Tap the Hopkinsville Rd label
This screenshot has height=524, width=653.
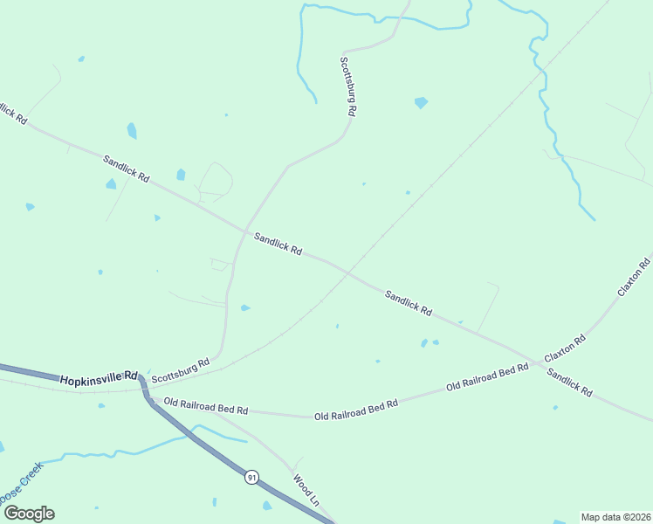pos(100,378)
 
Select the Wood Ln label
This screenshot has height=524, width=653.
pos(306,490)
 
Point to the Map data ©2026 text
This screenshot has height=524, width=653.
pos(615,517)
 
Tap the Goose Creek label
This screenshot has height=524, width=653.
pos(19,486)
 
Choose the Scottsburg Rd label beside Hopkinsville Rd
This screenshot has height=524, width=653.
pos(181,371)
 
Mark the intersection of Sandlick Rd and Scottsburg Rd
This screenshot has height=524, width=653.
pos(244,231)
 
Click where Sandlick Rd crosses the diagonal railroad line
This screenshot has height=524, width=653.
pos(348,272)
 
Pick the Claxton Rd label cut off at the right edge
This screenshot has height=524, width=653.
pos(635,276)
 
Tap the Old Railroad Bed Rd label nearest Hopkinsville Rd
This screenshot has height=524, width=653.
pos(206,407)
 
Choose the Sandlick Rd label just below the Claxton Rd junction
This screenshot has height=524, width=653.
pos(570,383)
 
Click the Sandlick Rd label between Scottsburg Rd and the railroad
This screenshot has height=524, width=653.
pos(278,243)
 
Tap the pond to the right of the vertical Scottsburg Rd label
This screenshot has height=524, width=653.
pos(421,102)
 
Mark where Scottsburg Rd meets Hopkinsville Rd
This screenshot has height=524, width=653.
pos(142,376)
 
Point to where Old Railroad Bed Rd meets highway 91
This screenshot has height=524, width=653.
pos(150,401)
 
